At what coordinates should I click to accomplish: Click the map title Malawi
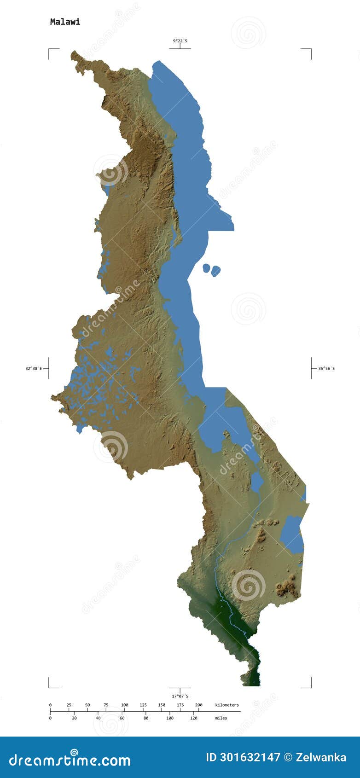(x=65, y=22)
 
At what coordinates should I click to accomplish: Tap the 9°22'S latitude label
(x=180, y=41)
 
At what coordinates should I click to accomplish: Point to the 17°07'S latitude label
(x=180, y=696)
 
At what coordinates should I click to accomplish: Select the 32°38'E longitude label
(x=34, y=368)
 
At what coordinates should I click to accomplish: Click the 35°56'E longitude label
(x=326, y=368)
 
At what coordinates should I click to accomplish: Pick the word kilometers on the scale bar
(x=227, y=705)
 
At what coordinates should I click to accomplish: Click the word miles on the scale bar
(x=221, y=718)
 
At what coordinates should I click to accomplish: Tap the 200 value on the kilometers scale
(x=199, y=705)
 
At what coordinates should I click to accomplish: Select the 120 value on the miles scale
(x=193, y=718)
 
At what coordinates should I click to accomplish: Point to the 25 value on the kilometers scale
(x=69, y=705)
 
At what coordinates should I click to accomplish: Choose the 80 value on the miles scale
(x=146, y=718)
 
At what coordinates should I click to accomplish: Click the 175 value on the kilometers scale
(x=180, y=705)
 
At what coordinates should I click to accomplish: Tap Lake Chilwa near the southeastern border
(x=292, y=534)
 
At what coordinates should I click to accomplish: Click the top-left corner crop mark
(x=50, y=50)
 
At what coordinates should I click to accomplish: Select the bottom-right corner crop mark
(x=310, y=686)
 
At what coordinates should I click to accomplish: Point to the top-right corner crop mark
(x=310, y=50)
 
